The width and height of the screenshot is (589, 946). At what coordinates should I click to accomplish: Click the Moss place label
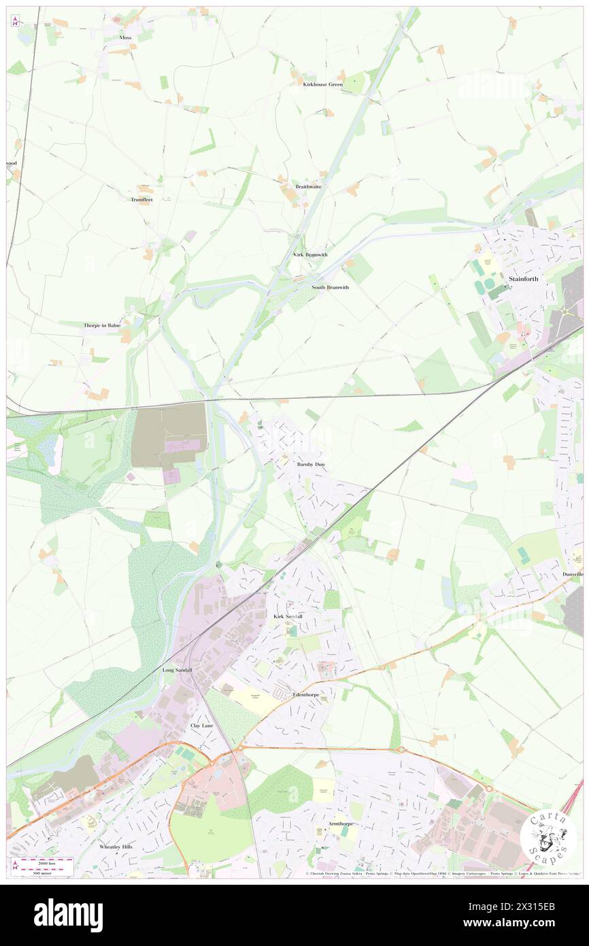click(x=125, y=37)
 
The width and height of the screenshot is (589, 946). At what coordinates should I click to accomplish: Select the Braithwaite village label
click(x=308, y=186)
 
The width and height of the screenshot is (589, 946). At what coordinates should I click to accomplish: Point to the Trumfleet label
click(x=142, y=199)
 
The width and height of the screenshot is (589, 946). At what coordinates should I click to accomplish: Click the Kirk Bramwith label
click(x=310, y=255)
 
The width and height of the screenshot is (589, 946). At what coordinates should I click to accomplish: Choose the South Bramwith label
click(x=330, y=287)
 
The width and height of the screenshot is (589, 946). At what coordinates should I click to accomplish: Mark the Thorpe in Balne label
click(x=102, y=325)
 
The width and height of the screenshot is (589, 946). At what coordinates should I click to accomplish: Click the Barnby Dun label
click(x=311, y=464)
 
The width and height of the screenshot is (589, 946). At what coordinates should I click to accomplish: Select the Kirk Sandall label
click(x=287, y=617)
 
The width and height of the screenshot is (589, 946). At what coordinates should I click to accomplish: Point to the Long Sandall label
click(x=177, y=670)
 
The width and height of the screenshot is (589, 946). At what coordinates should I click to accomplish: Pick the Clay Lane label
click(x=202, y=726)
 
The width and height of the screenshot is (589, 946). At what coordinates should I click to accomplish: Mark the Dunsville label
click(x=573, y=574)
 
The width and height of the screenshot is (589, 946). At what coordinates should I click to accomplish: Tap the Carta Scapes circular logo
click(x=548, y=837)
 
